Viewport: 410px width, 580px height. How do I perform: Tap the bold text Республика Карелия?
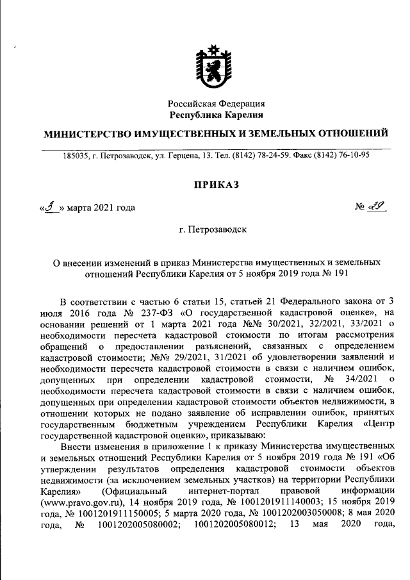click(217, 115)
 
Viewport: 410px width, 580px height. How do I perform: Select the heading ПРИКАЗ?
click(216, 185)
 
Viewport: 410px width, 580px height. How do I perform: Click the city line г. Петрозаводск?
click(216, 229)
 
